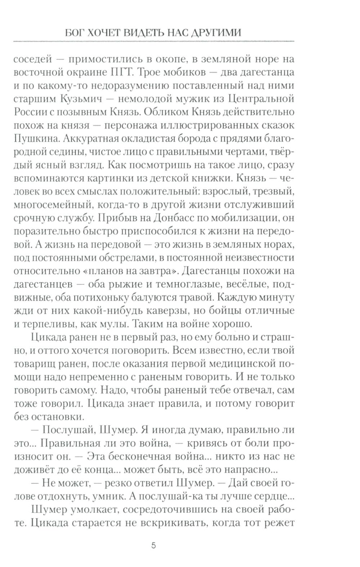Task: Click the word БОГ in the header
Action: [75, 33]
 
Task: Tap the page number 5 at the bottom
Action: [154, 545]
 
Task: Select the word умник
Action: [117, 496]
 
